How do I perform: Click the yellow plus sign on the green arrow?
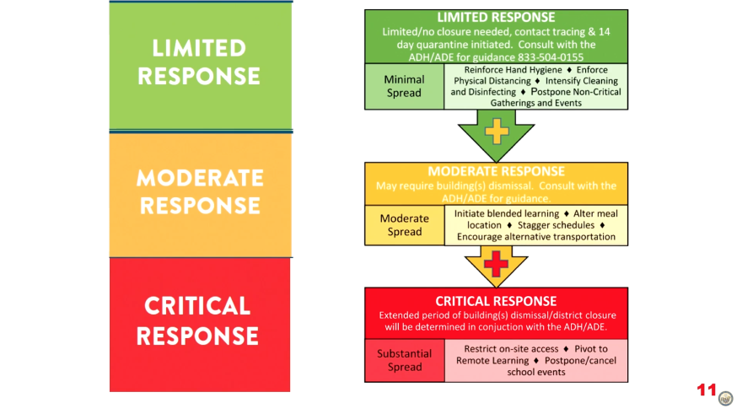497,131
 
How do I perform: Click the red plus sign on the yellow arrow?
497,265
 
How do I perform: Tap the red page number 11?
706,390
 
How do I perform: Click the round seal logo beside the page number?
725,397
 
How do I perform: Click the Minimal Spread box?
404,86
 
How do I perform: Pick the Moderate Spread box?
404,225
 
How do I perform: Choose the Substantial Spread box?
404,361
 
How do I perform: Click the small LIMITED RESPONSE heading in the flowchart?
496,18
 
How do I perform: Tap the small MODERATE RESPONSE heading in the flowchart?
496,171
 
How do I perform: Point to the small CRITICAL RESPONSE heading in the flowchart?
496,301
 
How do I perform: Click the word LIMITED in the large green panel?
200,47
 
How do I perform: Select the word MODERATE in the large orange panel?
200,178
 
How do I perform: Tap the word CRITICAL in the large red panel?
198,305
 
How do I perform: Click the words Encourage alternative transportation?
536,237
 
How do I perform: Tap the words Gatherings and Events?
535,102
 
